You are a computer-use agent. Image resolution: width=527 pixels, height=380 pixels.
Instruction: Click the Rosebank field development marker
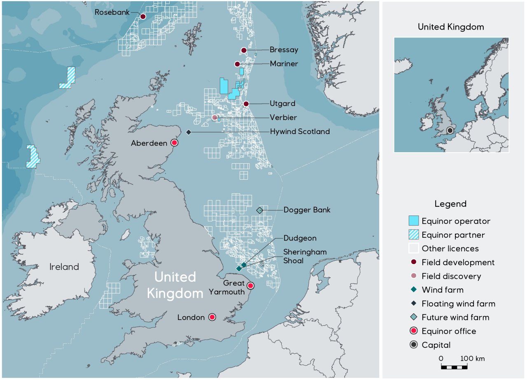[143, 16]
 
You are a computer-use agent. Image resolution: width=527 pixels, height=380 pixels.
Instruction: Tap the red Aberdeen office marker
[174, 143]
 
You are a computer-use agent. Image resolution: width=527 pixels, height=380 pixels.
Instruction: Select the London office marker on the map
[212, 317]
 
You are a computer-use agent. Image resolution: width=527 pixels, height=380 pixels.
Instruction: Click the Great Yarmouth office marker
[250, 285]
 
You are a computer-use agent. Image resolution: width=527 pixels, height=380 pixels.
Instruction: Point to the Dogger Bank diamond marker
[259, 210]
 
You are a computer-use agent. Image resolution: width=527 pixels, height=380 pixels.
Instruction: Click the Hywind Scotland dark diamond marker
[189, 132]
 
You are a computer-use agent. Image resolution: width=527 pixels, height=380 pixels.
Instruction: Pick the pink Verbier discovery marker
[215, 118]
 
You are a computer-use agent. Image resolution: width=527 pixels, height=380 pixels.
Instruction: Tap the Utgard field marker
[246, 104]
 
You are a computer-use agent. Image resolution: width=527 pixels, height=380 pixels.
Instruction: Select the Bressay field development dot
[244, 50]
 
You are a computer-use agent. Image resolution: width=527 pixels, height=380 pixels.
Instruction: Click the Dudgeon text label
[300, 238]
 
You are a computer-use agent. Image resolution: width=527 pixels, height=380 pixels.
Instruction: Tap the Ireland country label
[64, 266]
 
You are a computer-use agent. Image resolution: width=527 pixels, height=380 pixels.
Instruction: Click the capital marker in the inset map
[450, 130]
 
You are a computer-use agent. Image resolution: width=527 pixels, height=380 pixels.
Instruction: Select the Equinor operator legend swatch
[413, 221]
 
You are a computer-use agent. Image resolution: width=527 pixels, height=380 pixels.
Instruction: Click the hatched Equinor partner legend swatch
[413, 235]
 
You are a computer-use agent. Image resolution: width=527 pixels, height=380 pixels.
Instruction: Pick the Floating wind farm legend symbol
[413, 304]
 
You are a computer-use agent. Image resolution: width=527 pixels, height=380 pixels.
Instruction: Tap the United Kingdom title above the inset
[451, 27]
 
